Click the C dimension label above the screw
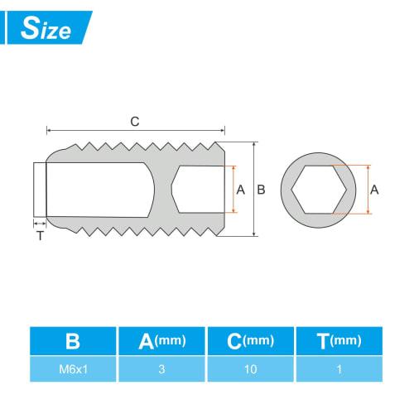[x=135, y=121]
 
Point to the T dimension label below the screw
[x=39, y=235]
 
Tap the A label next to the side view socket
[x=241, y=190]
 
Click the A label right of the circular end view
[x=374, y=190]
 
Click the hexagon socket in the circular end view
[x=319, y=190]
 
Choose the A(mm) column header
[x=161, y=340]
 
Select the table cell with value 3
[x=161, y=368]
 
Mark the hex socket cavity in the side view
[x=200, y=190]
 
